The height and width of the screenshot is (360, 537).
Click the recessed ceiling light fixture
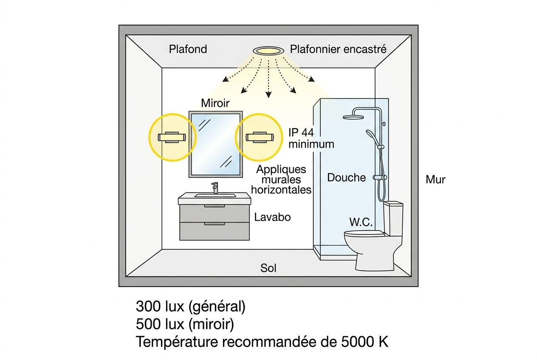click(268, 51)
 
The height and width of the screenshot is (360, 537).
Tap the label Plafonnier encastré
click(338, 49)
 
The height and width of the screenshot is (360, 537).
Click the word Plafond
click(188, 49)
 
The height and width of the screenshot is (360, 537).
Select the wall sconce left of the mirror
click(172, 137)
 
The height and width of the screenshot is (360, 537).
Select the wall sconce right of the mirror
click(259, 137)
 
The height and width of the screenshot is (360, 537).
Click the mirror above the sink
click(216, 143)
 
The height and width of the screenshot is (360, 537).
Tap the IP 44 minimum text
click(311, 138)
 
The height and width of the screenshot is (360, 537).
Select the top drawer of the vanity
click(215, 213)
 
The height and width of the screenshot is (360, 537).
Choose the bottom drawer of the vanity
click(215, 231)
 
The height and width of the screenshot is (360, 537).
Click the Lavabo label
click(272, 217)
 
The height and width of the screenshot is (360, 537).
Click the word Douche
click(346, 177)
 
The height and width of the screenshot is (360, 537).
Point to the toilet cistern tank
click(393, 217)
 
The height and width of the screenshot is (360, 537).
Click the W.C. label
click(361, 222)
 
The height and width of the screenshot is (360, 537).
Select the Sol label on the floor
click(268, 268)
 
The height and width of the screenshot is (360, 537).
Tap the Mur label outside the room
click(435, 180)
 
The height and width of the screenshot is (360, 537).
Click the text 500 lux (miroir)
click(185, 324)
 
